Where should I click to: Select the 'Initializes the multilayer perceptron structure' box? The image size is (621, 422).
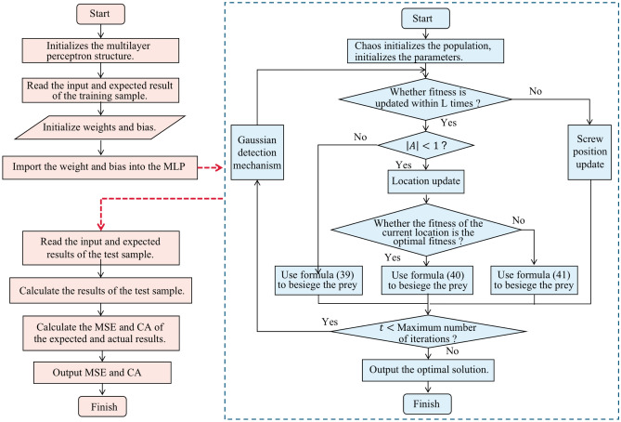click(x=103, y=55)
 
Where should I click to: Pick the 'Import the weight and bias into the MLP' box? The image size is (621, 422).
click(x=103, y=168)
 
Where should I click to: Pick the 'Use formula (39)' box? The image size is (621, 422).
click(x=317, y=278)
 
